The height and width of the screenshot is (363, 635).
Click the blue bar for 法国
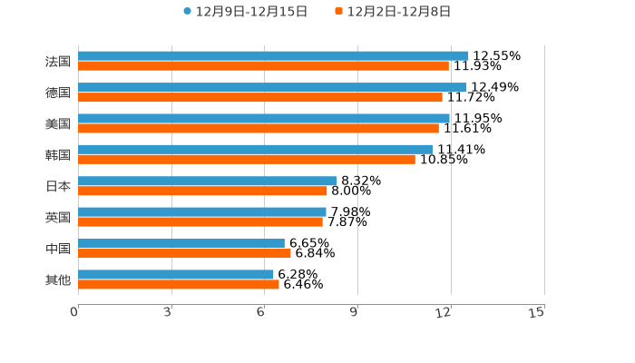(273, 55)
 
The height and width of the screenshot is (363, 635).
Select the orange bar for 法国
(263, 66)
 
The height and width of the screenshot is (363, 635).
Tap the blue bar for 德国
(272, 87)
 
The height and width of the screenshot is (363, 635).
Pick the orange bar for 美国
(259, 128)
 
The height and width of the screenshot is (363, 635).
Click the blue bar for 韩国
(255, 149)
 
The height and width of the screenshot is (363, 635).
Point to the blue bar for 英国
(202, 211)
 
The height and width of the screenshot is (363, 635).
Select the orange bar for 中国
(184, 253)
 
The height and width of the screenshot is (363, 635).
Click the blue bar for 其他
(176, 274)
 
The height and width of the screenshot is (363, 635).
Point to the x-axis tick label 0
(74, 312)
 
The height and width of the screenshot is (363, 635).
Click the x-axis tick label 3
(168, 312)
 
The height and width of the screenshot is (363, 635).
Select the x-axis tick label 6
(261, 312)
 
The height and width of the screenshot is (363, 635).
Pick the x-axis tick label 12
(444, 312)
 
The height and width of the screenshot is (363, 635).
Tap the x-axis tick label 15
(537, 312)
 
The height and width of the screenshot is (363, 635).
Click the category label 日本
(58, 186)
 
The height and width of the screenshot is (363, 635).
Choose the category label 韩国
(58, 154)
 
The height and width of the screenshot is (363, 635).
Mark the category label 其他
(58, 280)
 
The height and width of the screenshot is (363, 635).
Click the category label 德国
(58, 93)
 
